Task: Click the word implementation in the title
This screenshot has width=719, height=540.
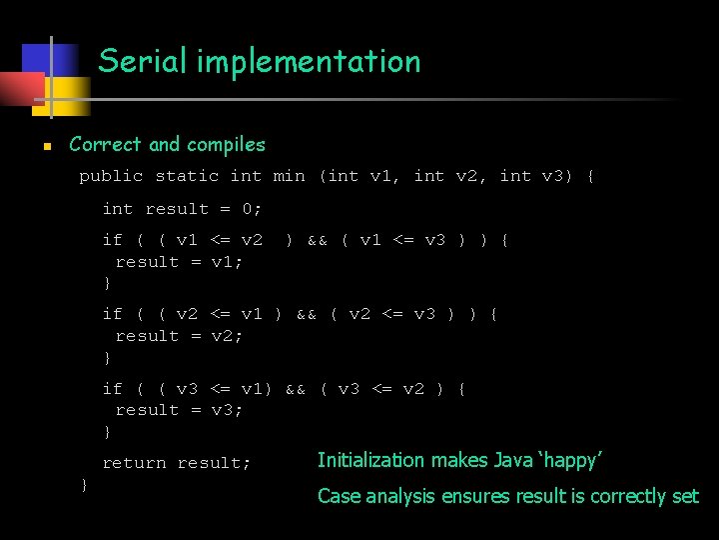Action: [309, 62]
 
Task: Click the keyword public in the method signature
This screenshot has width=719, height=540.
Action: [111, 177]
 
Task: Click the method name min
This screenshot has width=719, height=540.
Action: [289, 177]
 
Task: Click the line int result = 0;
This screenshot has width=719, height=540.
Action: [182, 209]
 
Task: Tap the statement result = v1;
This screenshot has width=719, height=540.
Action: [180, 262]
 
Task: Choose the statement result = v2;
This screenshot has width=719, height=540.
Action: [180, 336]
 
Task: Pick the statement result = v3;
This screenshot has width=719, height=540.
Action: [180, 410]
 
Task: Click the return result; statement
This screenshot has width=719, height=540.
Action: [177, 463]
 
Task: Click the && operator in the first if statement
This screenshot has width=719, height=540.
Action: [318, 240]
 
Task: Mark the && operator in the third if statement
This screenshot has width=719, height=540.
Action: [296, 389]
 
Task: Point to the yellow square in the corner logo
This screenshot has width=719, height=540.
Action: [68, 95]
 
